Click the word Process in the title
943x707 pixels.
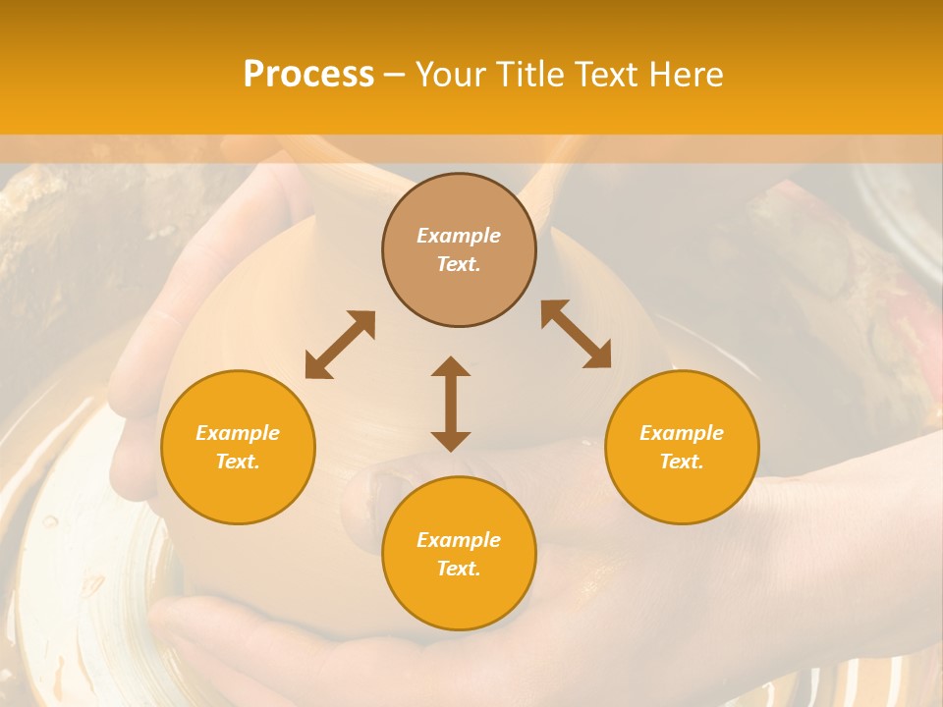[308, 75]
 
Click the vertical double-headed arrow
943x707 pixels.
[451, 404]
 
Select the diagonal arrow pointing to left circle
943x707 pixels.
[340, 345]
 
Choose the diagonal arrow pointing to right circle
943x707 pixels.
[576, 334]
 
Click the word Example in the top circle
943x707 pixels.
[459, 236]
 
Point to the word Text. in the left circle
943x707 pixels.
[238, 462]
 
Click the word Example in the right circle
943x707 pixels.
[682, 433]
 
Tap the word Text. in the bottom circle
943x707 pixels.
[459, 569]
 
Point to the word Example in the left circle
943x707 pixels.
[238, 433]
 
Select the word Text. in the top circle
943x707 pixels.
[459, 264]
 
